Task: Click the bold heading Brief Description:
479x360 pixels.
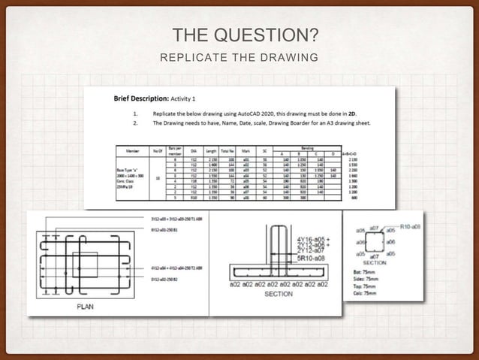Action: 141,98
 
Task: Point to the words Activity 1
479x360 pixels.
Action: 183,98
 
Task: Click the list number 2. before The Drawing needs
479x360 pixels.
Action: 135,122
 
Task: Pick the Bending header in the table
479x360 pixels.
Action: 308,147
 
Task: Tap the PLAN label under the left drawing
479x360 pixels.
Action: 85,307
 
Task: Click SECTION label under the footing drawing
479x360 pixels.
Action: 279,294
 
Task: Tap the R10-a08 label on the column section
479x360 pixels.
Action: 410,225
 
